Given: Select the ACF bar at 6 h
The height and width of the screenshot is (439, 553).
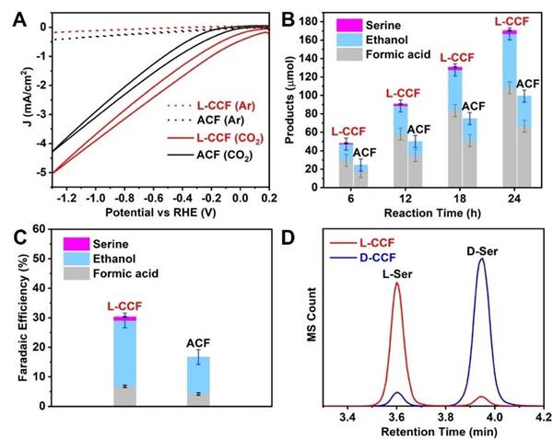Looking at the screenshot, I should (x=362, y=176).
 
